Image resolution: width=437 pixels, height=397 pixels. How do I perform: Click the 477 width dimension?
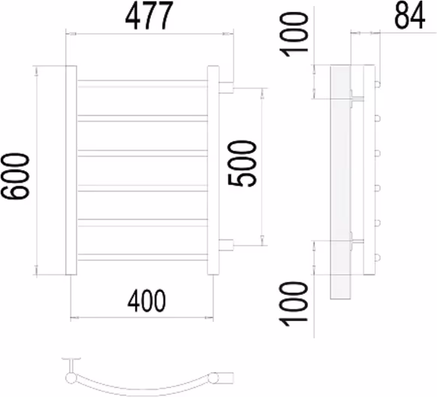point(149,15)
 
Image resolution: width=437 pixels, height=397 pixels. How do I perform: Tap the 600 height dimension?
point(15,176)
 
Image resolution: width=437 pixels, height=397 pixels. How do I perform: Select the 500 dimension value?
point(242,163)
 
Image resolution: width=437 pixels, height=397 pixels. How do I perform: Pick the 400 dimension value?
point(146,301)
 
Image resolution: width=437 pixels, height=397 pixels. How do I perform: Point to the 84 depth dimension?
point(410,16)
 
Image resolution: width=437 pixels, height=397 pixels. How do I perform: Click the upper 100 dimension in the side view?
point(294,35)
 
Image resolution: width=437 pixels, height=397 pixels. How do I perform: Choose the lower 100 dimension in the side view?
point(294,304)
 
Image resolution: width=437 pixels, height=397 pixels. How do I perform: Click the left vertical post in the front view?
point(71,170)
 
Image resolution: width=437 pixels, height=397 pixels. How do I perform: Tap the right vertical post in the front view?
point(213,170)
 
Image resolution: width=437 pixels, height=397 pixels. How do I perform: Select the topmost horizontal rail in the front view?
point(142,83)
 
